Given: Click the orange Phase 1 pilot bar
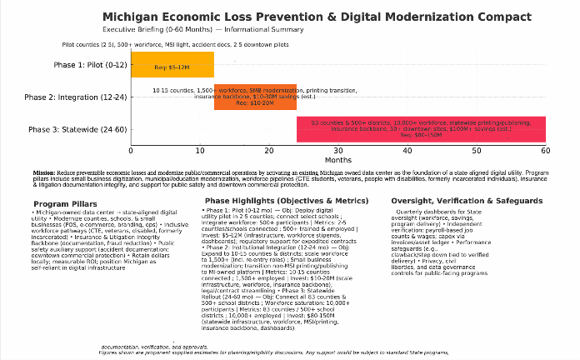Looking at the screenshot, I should (x=172, y=65).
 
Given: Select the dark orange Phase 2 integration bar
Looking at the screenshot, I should (x=255, y=97).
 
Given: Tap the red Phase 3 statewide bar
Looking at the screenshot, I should (x=421, y=129).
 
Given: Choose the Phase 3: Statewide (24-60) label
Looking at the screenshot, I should (x=77, y=129).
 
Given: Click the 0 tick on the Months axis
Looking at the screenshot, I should (x=131, y=151).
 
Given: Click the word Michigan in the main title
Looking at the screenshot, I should (x=130, y=16).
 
